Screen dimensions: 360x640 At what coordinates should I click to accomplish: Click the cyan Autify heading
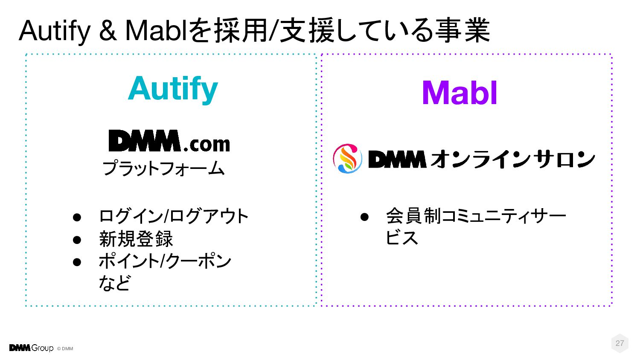(173, 89)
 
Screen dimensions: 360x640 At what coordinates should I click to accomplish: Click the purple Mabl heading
(460, 93)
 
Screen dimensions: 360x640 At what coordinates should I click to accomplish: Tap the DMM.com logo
(169, 141)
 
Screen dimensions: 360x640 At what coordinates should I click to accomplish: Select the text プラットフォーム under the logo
(163, 168)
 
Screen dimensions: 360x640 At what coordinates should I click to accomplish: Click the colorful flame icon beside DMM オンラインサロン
(347, 159)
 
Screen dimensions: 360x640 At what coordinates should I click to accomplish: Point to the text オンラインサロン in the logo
(512, 159)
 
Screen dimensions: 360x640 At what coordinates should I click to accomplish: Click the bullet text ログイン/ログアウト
(173, 216)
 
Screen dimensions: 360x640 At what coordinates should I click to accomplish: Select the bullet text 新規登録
(136, 239)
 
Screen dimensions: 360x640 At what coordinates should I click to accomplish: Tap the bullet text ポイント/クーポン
(165, 261)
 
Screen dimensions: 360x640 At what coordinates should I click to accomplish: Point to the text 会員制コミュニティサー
(476, 216)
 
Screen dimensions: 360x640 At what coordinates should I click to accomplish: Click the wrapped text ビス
(401, 238)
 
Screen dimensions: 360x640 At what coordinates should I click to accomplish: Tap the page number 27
(620, 343)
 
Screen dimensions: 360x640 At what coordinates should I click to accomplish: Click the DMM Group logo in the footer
(31, 348)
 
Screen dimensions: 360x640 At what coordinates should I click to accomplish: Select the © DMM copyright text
(65, 348)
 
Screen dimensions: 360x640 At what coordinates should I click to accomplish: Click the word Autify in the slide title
(55, 31)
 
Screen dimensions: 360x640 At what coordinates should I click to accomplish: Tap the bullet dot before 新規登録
(77, 239)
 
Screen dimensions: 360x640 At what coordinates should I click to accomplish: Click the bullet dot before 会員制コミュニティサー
(364, 216)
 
